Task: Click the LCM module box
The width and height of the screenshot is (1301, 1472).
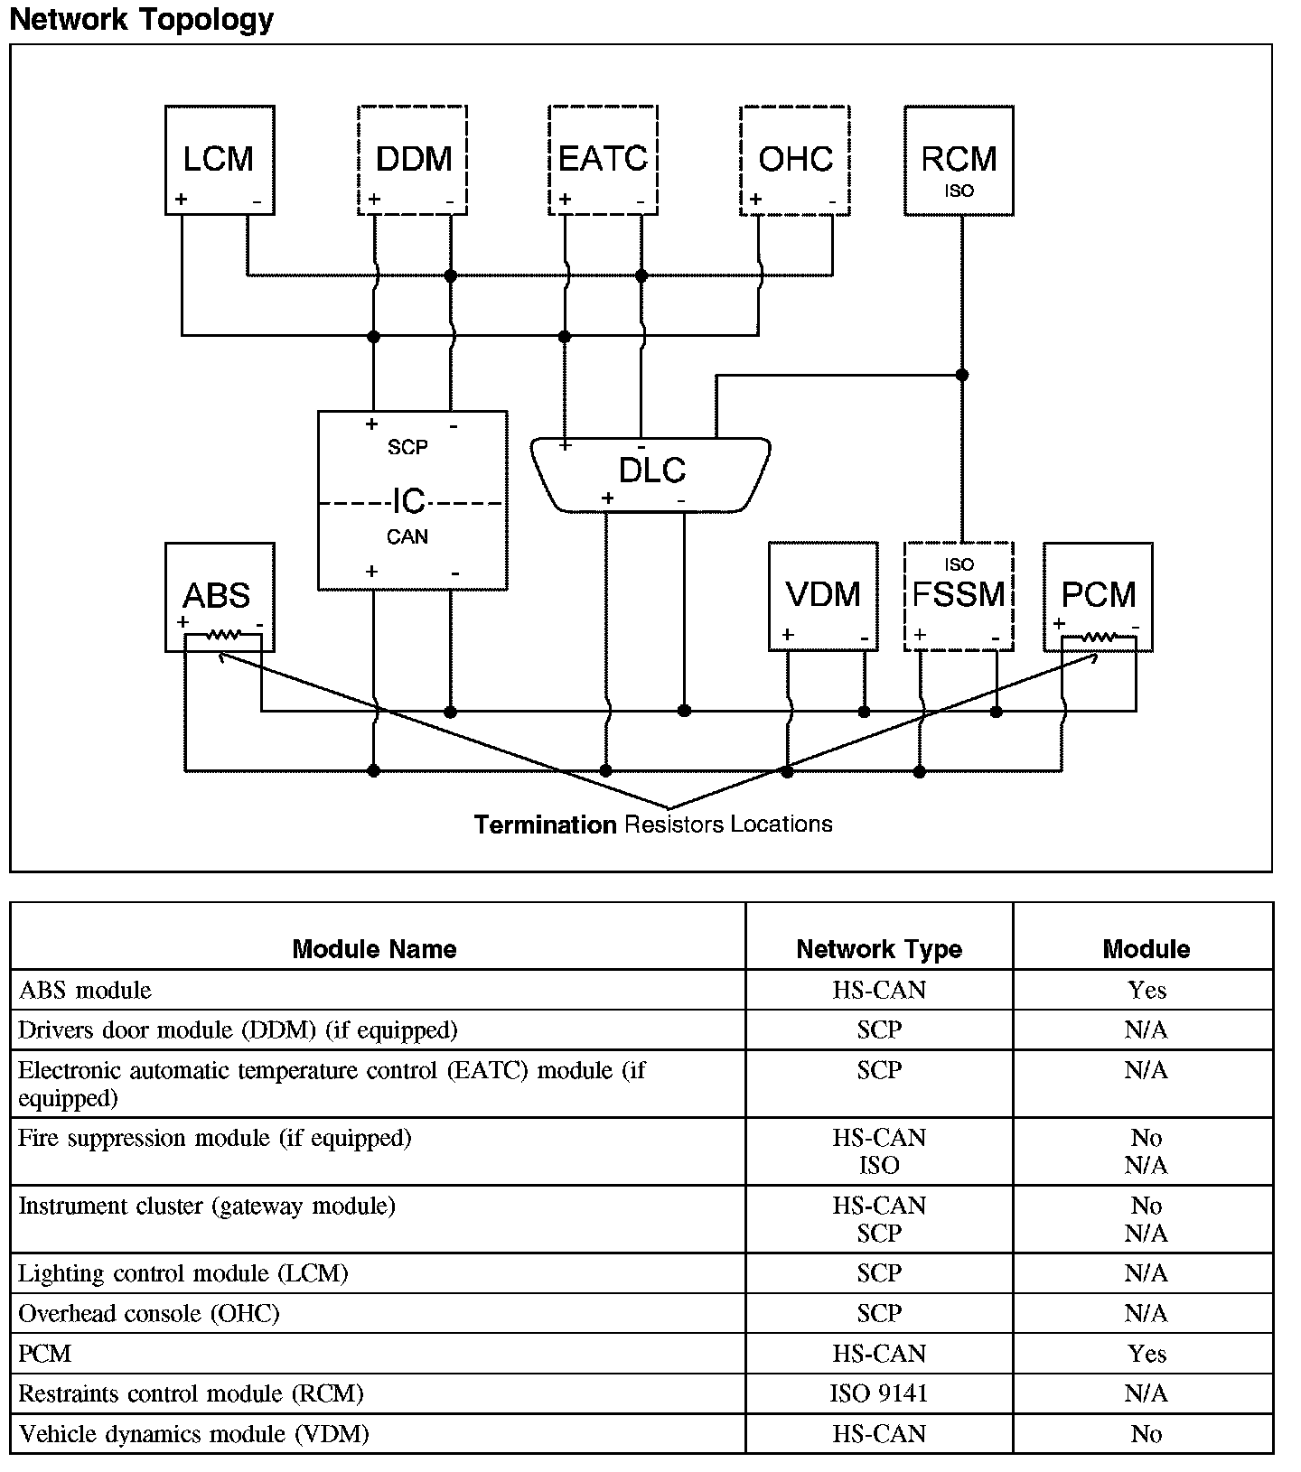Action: tap(220, 160)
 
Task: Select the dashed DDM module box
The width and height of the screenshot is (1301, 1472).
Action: tap(413, 160)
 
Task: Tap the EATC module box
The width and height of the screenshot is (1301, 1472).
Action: tap(603, 160)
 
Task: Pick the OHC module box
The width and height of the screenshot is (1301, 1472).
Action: tap(794, 160)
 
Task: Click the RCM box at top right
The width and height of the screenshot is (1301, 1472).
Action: tap(959, 161)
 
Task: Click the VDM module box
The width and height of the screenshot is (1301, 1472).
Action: tap(823, 596)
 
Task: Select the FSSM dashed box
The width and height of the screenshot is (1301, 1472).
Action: tap(959, 596)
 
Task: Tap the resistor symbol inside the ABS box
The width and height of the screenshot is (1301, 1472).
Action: tap(222, 636)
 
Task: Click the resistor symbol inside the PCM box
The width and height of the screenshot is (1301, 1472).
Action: tap(1099, 638)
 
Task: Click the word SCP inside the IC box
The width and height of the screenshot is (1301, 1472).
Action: tap(407, 447)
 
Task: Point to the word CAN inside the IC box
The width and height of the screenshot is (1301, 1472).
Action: tap(407, 537)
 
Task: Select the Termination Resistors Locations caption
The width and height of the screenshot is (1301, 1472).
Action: tap(653, 825)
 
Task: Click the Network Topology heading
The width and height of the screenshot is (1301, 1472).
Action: tap(142, 19)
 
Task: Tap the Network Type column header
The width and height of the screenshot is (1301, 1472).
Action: tap(879, 949)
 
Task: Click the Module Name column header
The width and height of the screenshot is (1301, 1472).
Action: tap(375, 949)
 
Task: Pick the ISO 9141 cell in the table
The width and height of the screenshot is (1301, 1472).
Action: tap(879, 1393)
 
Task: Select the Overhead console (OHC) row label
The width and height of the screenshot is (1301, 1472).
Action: tap(149, 1313)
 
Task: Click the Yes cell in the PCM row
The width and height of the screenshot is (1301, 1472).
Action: tap(1147, 1354)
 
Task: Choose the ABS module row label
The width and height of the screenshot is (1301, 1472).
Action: tap(85, 991)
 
